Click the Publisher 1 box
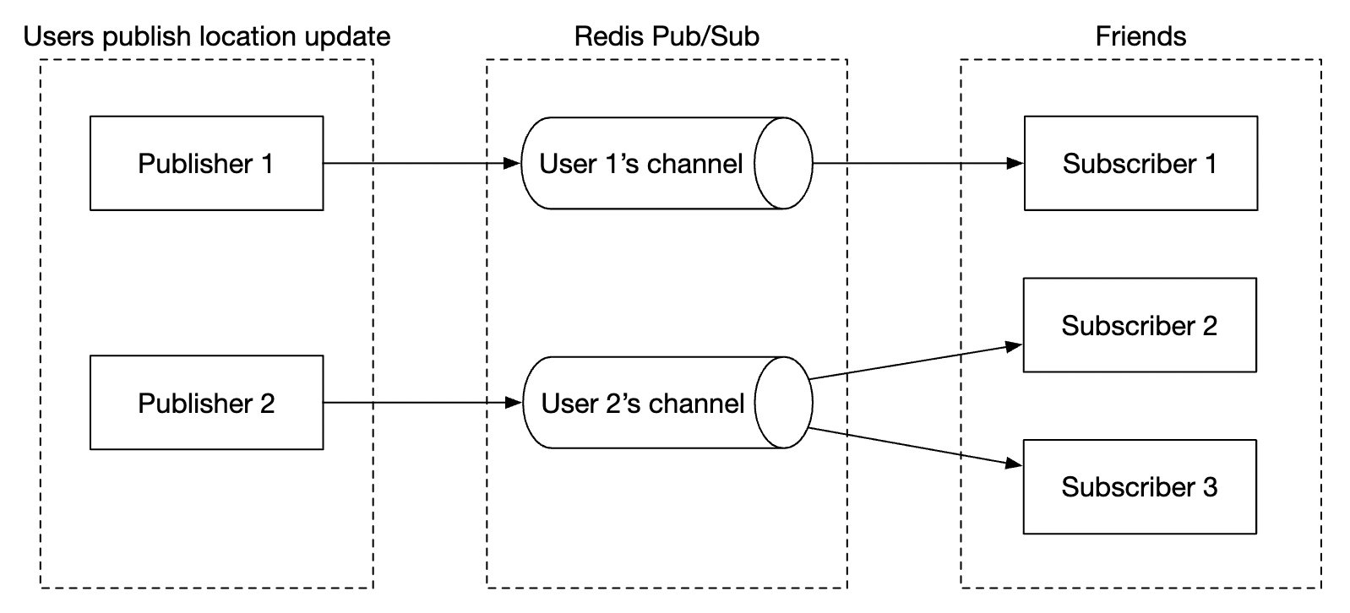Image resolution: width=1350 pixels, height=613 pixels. click(x=206, y=163)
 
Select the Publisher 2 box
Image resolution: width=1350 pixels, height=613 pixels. click(x=206, y=403)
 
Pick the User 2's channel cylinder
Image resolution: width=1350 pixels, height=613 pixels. click(x=642, y=403)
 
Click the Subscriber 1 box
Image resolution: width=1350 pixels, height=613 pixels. click(x=1140, y=163)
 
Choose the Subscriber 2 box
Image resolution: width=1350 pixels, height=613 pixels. click(x=1139, y=325)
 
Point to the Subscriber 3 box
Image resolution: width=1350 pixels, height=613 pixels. click(x=1139, y=486)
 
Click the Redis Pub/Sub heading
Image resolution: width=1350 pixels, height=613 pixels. click(x=667, y=36)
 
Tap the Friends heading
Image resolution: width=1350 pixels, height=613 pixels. click(x=1140, y=36)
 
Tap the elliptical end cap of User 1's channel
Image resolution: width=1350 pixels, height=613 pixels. click(x=783, y=163)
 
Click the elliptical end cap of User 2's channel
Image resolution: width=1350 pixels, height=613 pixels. click(x=783, y=403)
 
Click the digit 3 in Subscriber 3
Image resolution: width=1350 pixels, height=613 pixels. click(x=1210, y=487)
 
